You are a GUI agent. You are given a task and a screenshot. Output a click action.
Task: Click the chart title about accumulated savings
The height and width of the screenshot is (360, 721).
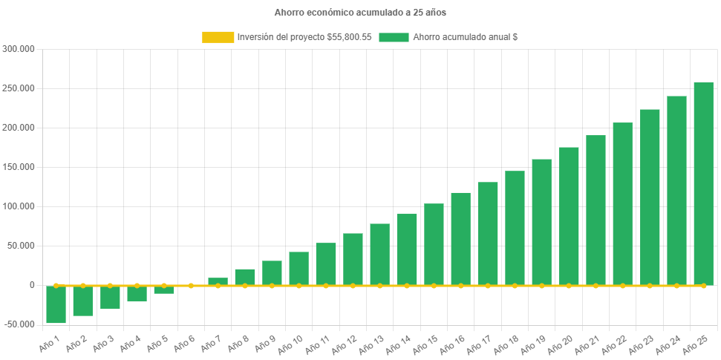tap(360, 13)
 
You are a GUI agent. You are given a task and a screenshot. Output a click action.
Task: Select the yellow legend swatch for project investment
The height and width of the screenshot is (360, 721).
tap(217, 37)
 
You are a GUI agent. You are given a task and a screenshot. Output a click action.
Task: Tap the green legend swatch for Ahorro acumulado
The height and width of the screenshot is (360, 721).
tap(394, 37)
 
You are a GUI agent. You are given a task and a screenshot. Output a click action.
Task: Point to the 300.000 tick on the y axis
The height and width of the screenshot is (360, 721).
tap(19, 49)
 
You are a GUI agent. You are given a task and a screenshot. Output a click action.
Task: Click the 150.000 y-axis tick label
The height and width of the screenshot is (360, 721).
tap(19, 167)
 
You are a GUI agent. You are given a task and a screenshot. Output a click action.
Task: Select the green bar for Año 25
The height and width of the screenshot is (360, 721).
tap(703, 183)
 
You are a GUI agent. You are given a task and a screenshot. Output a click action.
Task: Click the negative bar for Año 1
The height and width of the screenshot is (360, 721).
tap(56, 304)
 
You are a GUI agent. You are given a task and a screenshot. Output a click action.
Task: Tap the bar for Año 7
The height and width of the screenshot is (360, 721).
tap(218, 281)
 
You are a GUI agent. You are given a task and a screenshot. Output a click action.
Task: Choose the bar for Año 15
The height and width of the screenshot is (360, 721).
tap(434, 244)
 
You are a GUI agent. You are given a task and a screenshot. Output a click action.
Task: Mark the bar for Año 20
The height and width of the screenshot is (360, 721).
tap(569, 216)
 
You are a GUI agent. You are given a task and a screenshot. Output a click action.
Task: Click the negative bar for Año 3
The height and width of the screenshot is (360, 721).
tap(110, 297)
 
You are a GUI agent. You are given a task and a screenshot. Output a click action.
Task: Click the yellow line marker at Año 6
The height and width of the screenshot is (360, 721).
tap(191, 285)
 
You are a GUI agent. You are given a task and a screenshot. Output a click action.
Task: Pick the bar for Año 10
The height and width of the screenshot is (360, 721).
tap(298, 268)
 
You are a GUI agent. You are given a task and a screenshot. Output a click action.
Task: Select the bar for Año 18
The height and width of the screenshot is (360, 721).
tap(515, 228)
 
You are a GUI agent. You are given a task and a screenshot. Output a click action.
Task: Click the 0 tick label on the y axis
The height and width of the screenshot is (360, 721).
tap(32, 285)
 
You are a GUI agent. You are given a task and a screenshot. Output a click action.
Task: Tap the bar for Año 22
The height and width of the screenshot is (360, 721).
tap(622, 204)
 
